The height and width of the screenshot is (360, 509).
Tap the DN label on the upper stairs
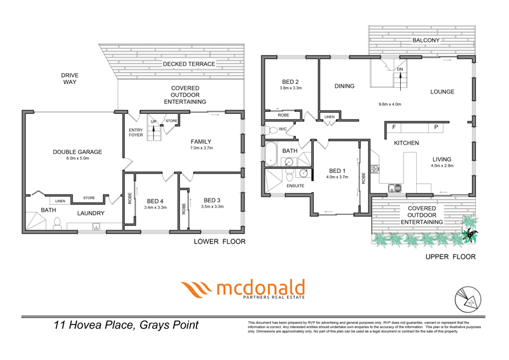pyautogui.click(x=400, y=69)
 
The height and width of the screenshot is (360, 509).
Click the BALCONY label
pyautogui.click(x=426, y=40)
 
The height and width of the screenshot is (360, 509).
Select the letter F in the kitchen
pyautogui.click(x=394, y=127)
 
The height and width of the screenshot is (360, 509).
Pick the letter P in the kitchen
pyautogui.click(x=436, y=127)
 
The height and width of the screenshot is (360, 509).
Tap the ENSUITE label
pyautogui.click(x=295, y=186)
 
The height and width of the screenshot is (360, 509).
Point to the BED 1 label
pyautogui.click(x=337, y=170)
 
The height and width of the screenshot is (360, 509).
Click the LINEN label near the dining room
pyautogui.click(x=329, y=117)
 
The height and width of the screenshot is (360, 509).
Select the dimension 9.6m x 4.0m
pyautogui.click(x=389, y=104)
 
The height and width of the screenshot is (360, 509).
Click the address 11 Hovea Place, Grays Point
pyautogui.click(x=125, y=326)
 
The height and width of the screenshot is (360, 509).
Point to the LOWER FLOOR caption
pyautogui.click(x=220, y=242)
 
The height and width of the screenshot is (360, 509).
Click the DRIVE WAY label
pyautogui.click(x=70, y=78)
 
